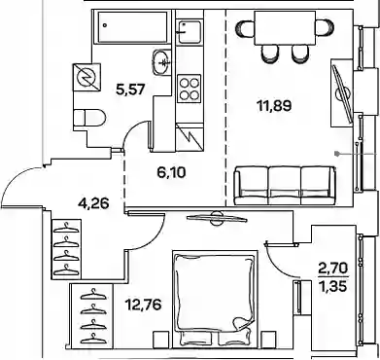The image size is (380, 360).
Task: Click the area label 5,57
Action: (x=129, y=89)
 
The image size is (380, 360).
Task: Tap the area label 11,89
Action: (x=274, y=106)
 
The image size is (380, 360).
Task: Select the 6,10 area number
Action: (x=171, y=172)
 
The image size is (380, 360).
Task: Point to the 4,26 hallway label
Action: (x=93, y=203)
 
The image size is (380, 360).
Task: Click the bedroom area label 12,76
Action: (x=143, y=305)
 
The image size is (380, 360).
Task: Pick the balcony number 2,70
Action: (x=332, y=269)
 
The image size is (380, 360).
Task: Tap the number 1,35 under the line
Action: (x=332, y=287)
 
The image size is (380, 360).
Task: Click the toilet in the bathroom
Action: (x=89, y=117)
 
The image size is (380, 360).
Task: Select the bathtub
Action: (x=132, y=27)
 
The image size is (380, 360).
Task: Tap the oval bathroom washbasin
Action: (x=160, y=61)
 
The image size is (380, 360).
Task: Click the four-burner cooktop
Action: (x=190, y=89)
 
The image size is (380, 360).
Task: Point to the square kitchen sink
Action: (x=190, y=31)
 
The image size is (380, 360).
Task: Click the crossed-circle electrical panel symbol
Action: (x=86, y=77)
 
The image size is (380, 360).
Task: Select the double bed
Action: (x=215, y=299)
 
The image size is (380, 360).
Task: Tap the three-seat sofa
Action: (x=285, y=186)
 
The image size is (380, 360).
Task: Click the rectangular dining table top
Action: (x=285, y=28)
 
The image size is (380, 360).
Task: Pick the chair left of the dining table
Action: (x=246, y=28)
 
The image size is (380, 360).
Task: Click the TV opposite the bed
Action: (x=217, y=218)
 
